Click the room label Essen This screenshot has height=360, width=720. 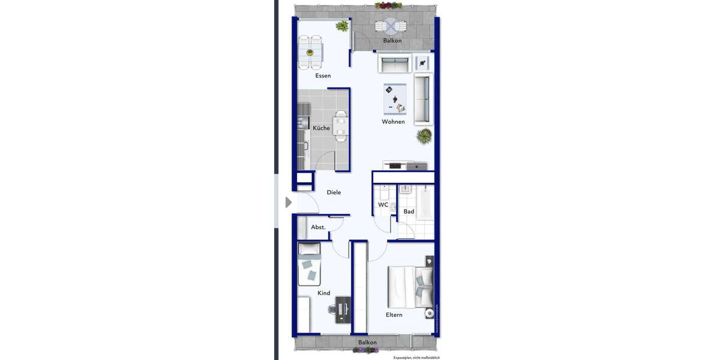pos(323,76)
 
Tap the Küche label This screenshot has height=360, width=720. pos(321,128)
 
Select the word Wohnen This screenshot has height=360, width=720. pos(393,122)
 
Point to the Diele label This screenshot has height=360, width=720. pos(334,193)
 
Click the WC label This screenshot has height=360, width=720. pos(383,205)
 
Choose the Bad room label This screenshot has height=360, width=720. pos(409,212)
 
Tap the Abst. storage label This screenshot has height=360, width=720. pos(318,227)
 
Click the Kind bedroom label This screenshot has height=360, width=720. pos(324,293)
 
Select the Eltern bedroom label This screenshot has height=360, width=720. pos(394,315)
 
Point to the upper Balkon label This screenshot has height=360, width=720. pos(392,41)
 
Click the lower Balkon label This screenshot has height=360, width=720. pos(367,343)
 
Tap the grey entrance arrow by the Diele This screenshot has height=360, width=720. pos(289,202)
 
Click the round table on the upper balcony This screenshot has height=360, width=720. pos(391,26)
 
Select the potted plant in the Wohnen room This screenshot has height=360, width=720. pos(424,136)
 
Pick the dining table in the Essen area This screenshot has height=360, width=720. pos(310,52)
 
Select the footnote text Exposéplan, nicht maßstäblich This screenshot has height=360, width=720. pos(416,358)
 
